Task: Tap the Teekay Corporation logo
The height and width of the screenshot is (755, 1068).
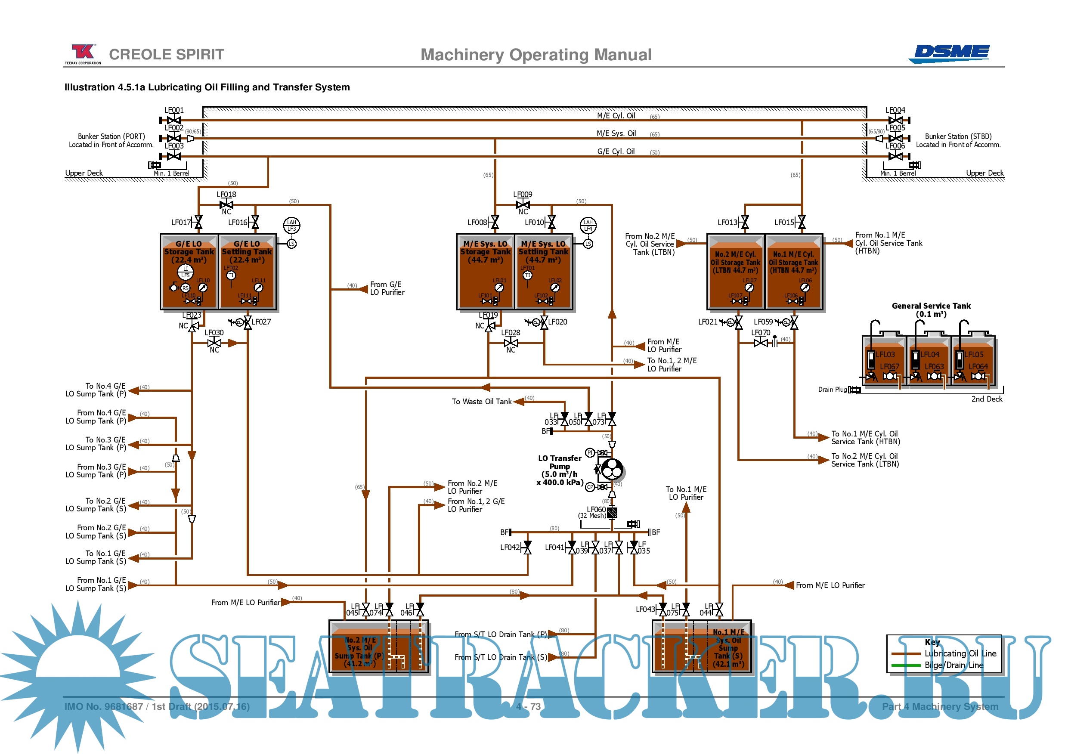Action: [83, 53]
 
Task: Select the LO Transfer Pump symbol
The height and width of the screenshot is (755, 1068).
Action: [612, 469]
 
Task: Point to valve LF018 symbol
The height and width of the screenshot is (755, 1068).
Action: [226, 205]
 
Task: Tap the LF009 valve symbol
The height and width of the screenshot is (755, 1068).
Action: [523, 205]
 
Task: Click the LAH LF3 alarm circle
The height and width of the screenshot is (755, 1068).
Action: [292, 226]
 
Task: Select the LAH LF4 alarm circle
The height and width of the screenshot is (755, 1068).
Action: [588, 226]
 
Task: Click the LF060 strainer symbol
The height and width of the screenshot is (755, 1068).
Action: [612, 513]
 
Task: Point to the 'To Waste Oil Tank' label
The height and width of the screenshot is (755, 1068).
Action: [481, 402]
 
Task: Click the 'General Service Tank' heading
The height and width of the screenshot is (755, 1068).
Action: [931, 306]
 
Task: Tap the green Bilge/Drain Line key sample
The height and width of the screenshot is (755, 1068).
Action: [906, 665]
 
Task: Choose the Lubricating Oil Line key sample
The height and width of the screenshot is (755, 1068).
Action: [906, 653]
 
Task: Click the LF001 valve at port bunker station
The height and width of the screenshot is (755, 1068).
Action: [174, 121]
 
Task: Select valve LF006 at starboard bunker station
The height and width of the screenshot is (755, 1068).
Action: [895, 156]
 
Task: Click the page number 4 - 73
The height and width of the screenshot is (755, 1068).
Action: [529, 707]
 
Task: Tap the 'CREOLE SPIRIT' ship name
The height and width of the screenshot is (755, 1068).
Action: [167, 54]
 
